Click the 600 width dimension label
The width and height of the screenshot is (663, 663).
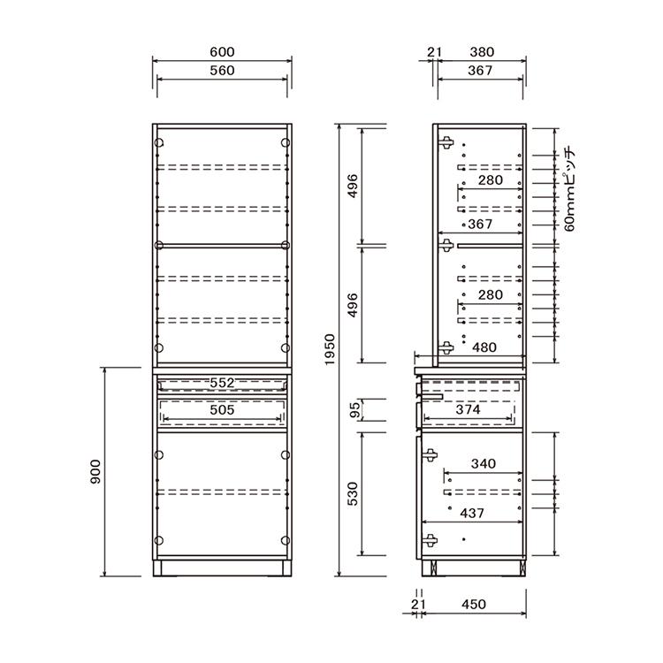coord(222,52)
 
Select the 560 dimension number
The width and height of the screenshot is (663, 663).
coord(222,70)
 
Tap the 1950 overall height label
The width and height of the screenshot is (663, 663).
coord(330,350)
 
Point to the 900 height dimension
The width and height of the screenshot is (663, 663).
coord(95,471)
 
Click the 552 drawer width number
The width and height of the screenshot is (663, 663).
coord(222,383)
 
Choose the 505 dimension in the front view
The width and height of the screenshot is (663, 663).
coord(222,409)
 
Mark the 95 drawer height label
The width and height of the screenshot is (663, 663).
coord(355,409)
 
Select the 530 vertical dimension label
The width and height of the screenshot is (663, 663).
coord(352,494)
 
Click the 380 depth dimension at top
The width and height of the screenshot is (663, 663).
coord(482,52)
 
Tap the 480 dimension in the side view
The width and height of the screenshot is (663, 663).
coord(484,347)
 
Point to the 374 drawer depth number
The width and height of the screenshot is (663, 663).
coord(468,409)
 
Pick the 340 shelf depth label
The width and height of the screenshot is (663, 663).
coord(484,464)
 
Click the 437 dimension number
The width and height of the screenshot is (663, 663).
coord(472,514)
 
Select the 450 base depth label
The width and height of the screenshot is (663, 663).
coord(474,605)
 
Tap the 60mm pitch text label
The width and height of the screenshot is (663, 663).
coord(570,188)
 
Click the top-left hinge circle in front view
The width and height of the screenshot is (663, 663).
coord(159,143)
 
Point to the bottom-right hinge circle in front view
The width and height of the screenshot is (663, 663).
coord(286,540)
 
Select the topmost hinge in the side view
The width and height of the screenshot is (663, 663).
coord(446,142)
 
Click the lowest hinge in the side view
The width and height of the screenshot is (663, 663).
coord(430,540)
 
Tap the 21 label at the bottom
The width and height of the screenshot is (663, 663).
coord(418,605)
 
